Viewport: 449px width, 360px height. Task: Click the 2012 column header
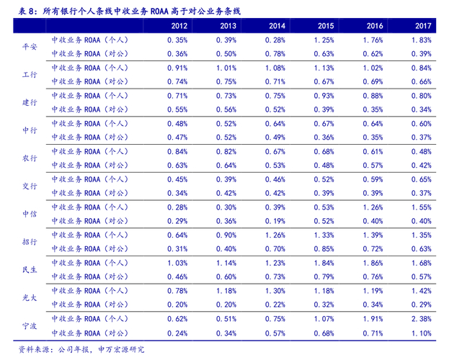(179, 26)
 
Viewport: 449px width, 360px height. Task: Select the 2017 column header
(423, 26)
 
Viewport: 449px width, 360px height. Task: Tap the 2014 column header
(277, 26)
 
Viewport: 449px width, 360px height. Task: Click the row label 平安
(30, 47)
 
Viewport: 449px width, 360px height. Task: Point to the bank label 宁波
(30, 325)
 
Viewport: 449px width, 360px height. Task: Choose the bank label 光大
(30, 297)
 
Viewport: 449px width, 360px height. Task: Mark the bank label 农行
(30, 158)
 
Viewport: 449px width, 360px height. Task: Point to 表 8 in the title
(27, 9)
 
